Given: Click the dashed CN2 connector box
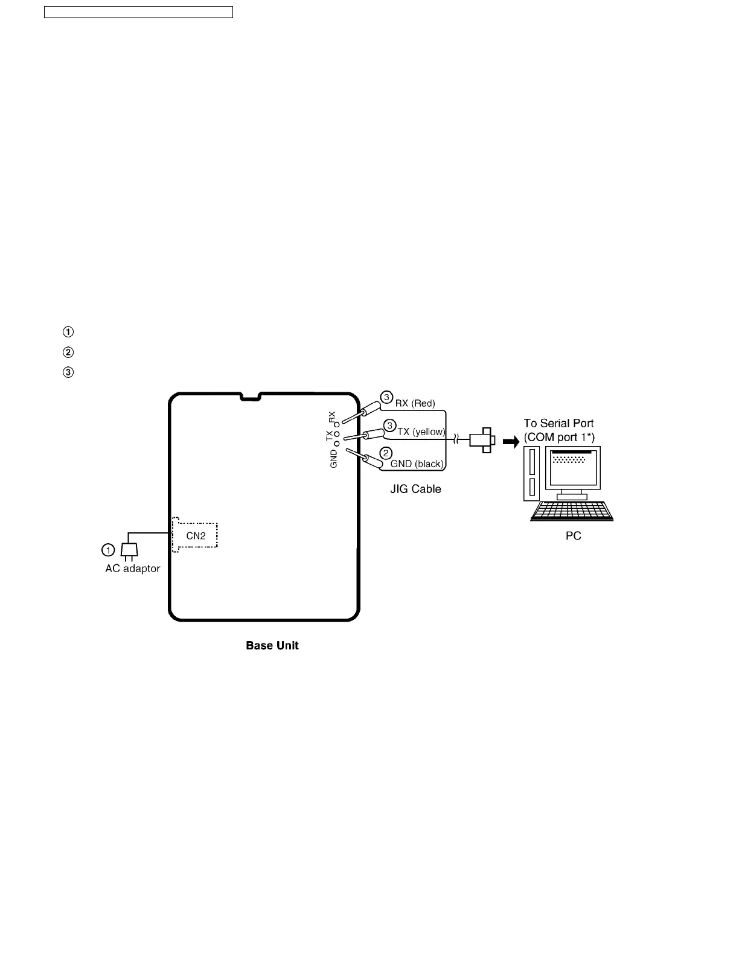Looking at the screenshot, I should [x=194, y=535].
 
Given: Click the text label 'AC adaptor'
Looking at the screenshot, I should [x=133, y=569].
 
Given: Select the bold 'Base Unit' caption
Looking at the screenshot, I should [x=272, y=646].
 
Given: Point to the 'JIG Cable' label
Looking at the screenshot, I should [x=415, y=489].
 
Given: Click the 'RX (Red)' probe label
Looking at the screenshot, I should [x=415, y=403].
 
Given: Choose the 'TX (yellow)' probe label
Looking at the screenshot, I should [x=421, y=432].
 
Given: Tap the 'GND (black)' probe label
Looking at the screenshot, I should [x=417, y=464].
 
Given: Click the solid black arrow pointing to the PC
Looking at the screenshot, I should [x=511, y=442].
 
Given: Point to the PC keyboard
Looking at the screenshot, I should [x=572, y=511].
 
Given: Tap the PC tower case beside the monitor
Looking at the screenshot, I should [x=532, y=474].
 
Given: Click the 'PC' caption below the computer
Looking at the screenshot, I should [x=573, y=536].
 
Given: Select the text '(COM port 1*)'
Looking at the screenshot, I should [x=559, y=437].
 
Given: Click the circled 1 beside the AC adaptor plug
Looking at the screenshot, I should [x=107, y=550].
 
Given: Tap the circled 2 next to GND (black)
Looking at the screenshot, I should [x=386, y=453].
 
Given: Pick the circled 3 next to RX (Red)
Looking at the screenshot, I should [x=386, y=397].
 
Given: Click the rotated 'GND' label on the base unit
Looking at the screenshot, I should [x=334, y=457].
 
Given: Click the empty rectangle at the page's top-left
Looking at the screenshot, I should [x=138, y=12].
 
